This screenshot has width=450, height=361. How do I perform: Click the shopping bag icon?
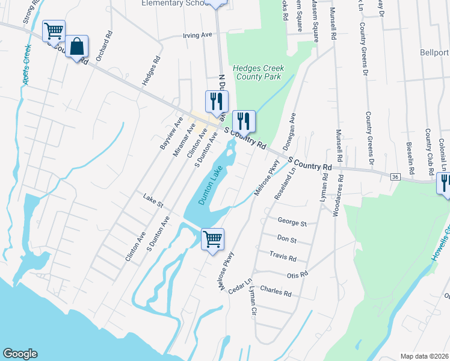click(78, 46)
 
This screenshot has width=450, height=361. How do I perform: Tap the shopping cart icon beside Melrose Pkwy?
click(212, 239)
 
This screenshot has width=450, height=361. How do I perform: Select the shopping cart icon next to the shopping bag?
click(54, 31)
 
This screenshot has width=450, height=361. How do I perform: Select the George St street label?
click(292, 223)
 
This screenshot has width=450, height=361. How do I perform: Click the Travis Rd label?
click(283, 258)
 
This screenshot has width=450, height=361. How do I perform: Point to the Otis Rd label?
click(297, 274)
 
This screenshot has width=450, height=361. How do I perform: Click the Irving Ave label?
click(197, 36)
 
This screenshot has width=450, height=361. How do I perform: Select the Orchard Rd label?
click(108, 45)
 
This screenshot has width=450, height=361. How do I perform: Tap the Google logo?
click(20, 354)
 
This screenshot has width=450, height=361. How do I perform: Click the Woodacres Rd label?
click(341, 192)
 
